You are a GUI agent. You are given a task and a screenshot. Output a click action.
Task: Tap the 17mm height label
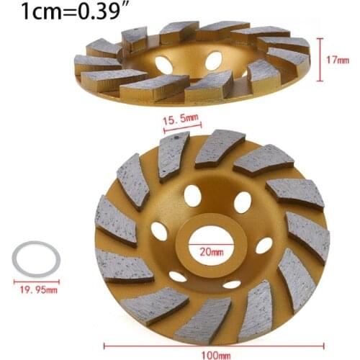pos(338,61)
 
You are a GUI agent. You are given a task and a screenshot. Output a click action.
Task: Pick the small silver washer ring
pos(35,260)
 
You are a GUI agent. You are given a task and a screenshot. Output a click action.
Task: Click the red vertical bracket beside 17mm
pos(318,61)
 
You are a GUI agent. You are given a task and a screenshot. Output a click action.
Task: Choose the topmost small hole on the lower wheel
pos(192,195)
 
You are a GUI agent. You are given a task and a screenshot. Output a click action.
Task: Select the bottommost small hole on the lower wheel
pos(231,283)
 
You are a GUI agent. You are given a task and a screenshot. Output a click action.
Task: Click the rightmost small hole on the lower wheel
pos(265,246)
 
